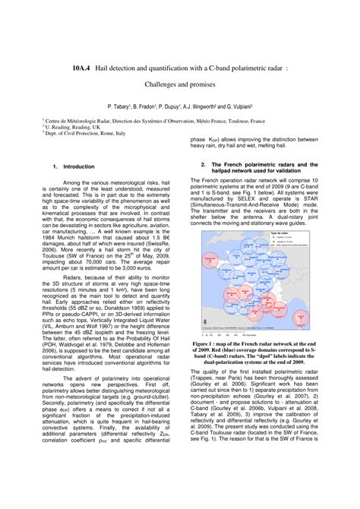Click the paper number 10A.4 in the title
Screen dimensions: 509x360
coord(82,65)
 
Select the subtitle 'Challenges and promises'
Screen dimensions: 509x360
coord(180,86)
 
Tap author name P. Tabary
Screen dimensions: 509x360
coord(123,107)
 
